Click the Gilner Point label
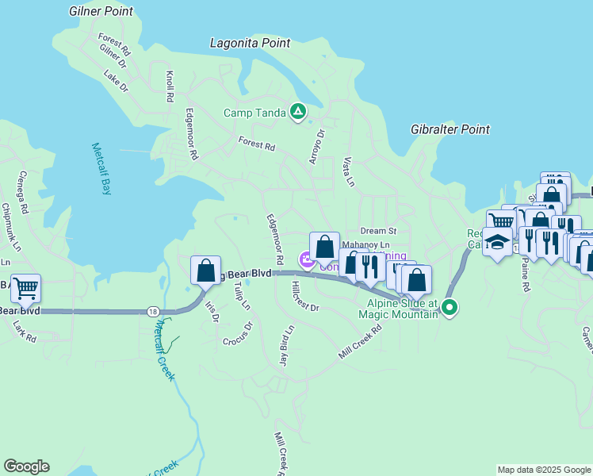[x=101, y=12]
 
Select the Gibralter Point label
[x=450, y=129]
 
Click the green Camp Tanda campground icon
[x=297, y=113]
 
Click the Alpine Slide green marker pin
[x=450, y=307]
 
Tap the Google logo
[x=26, y=466]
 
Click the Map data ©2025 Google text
[x=544, y=470]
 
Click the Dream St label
[x=377, y=231]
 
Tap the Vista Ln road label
[x=347, y=171]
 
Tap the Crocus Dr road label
[x=238, y=333]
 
